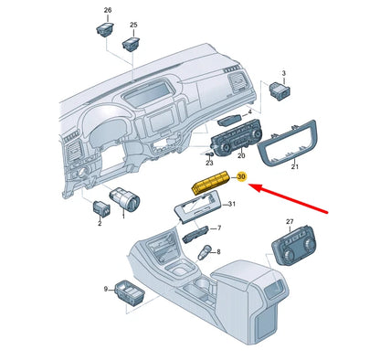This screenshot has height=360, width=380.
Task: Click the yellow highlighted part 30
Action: click(x=210, y=183)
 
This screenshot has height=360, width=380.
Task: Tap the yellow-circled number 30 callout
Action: click(x=241, y=176)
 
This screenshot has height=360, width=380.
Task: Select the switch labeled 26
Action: click(x=105, y=29)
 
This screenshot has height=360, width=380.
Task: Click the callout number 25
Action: click(x=133, y=25)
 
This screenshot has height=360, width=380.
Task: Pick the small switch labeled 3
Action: click(x=280, y=90)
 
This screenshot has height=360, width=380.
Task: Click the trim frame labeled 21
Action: click(x=287, y=143)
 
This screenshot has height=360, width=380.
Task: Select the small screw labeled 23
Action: click(x=210, y=154)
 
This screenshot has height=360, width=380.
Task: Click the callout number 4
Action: click(x=250, y=112)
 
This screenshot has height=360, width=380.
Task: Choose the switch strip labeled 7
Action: click(x=195, y=234)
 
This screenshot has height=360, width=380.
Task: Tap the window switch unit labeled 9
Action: click(x=130, y=291)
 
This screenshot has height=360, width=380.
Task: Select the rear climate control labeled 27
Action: click(x=294, y=246)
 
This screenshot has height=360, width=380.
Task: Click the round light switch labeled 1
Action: click(x=124, y=199)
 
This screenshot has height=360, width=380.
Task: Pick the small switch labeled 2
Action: click(x=101, y=207)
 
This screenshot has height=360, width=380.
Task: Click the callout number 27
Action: click(x=290, y=221)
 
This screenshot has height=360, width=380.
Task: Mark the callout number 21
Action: click(x=295, y=166)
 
